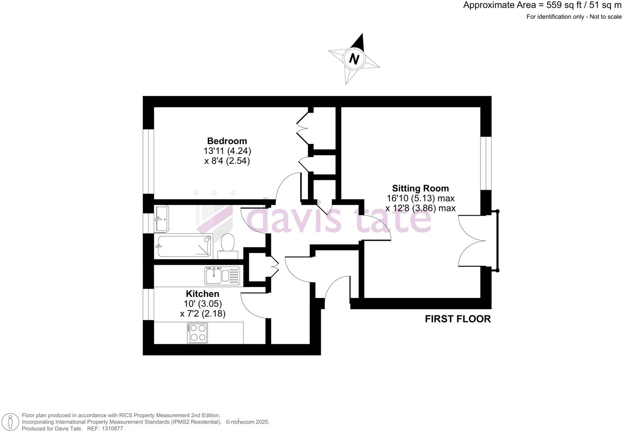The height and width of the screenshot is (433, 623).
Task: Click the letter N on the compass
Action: click(354, 59)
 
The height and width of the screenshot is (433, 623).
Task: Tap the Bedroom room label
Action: click(227, 141)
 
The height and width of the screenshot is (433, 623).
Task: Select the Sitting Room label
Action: click(420, 188)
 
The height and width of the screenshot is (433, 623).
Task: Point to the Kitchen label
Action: click(202, 294)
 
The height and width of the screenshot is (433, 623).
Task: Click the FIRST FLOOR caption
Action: click(458, 319)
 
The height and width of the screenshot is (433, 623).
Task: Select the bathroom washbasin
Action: click(161, 219)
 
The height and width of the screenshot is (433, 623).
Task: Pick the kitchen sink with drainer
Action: click(222, 276)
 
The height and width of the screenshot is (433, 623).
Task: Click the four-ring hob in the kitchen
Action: click(197, 333)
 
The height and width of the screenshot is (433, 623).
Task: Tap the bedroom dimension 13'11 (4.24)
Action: click(227, 151)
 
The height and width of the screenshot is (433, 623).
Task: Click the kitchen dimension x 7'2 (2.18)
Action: click(203, 314)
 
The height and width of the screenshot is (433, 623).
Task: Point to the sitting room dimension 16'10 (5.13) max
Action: click(420, 198)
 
